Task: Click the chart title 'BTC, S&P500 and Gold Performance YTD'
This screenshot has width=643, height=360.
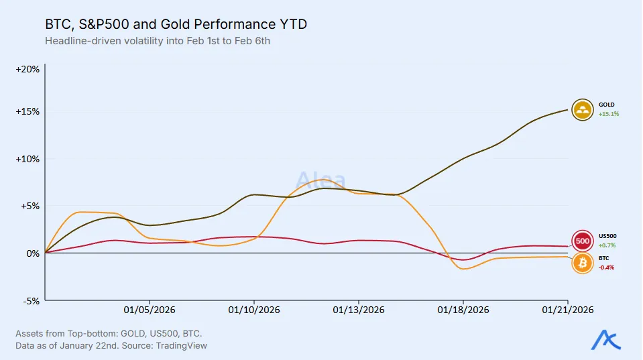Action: [x=176, y=25]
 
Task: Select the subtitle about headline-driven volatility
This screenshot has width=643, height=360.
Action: [x=156, y=41]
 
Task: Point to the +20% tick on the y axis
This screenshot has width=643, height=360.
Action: [x=28, y=69]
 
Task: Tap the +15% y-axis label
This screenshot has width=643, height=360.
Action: [x=28, y=111]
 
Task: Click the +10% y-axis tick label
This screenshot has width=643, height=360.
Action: [x=28, y=159]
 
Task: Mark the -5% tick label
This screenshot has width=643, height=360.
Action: [x=31, y=300]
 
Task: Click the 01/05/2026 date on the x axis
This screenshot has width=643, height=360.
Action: [x=149, y=310]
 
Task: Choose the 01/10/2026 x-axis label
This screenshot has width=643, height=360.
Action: [x=254, y=310]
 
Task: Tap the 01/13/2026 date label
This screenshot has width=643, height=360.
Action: [x=359, y=310]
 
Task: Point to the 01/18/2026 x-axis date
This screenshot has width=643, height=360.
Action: [x=463, y=310]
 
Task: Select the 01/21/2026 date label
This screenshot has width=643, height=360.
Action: [x=568, y=310]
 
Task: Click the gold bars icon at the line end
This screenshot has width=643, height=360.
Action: [x=583, y=109]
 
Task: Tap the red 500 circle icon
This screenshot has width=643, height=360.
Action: [x=583, y=241]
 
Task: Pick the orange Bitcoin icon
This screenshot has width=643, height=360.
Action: [x=583, y=262]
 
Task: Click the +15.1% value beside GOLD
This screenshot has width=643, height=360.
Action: [x=608, y=114]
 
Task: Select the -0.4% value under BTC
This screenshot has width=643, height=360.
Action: [x=605, y=267]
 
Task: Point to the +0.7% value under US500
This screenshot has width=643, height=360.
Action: [x=606, y=245]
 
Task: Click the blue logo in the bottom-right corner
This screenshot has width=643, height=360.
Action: [x=605, y=341]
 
